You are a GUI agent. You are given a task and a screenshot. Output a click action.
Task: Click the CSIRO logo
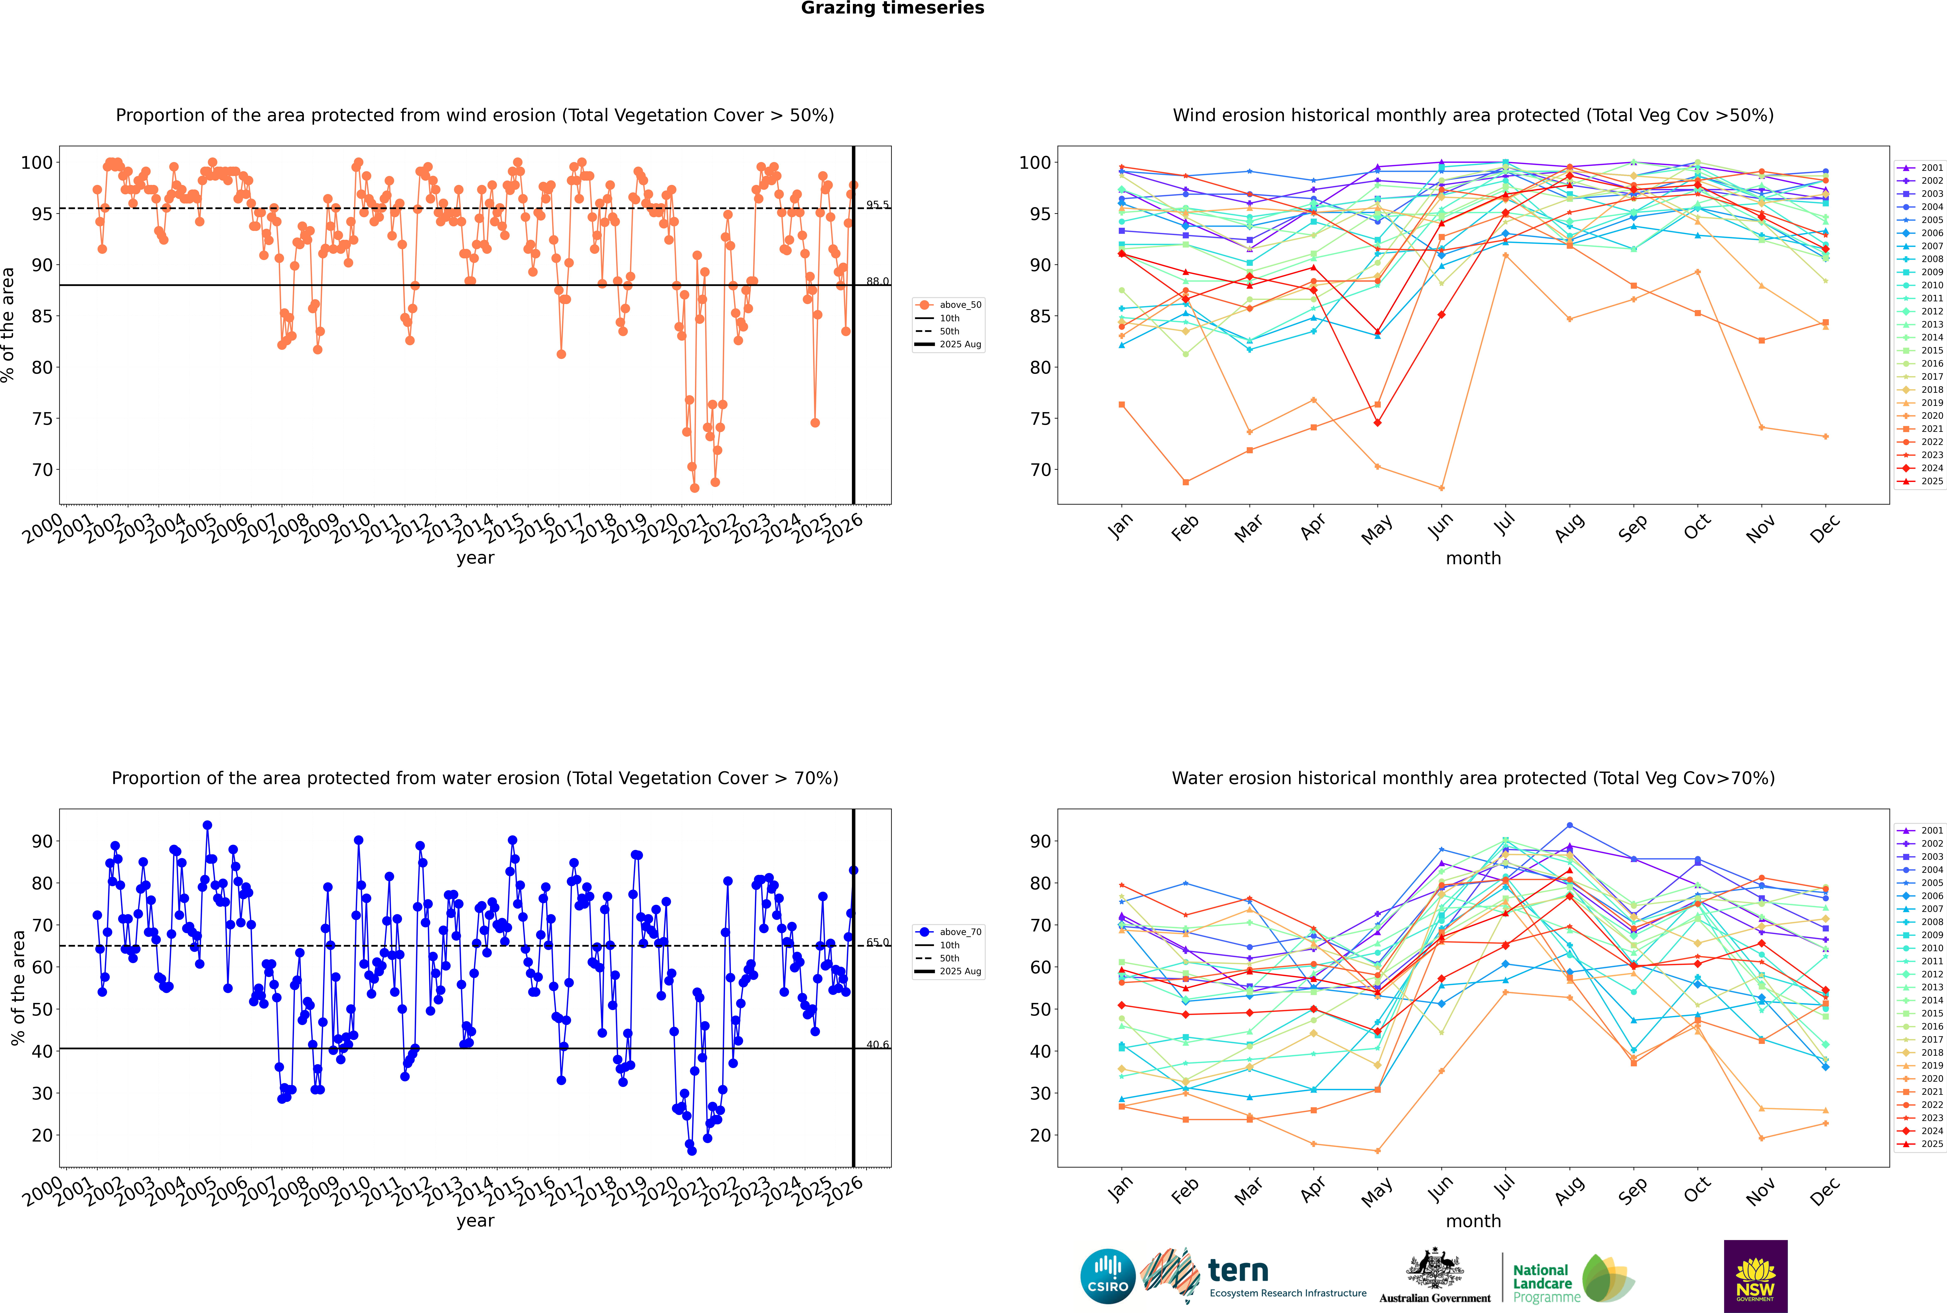[x=1107, y=1276]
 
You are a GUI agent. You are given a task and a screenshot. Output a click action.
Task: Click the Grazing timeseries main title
[x=892, y=8]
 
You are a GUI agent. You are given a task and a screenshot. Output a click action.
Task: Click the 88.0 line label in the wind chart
[x=877, y=281]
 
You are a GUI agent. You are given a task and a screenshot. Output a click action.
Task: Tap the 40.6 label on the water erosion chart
[x=877, y=1044]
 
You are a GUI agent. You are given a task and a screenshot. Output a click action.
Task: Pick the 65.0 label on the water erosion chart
[x=877, y=942]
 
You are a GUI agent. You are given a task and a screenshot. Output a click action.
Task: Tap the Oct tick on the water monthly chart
[x=1697, y=1188]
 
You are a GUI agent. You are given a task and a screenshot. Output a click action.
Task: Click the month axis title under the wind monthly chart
[x=1473, y=559]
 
